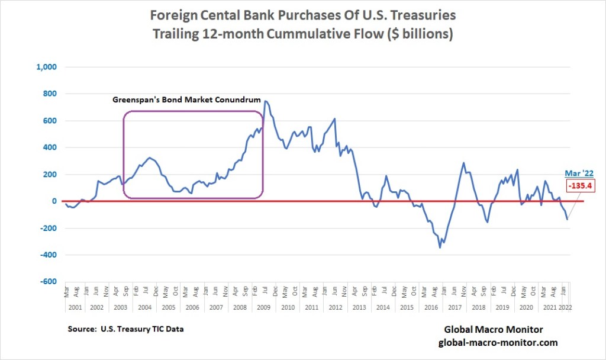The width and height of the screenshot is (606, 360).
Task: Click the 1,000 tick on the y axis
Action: click(x=46, y=67)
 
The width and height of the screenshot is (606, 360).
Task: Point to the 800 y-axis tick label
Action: click(x=49, y=94)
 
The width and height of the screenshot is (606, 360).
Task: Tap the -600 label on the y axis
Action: click(x=47, y=282)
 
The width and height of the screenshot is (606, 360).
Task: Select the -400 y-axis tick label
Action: click(x=47, y=255)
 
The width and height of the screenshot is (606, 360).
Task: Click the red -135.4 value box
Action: click(x=581, y=185)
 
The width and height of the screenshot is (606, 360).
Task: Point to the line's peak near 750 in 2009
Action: click(x=266, y=101)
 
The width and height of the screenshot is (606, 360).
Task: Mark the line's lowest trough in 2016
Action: click(x=440, y=247)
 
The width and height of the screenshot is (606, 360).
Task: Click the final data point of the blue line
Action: click(x=568, y=219)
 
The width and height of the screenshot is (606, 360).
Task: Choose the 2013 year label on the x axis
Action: click(x=359, y=308)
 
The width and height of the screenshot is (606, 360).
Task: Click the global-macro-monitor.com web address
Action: click(x=498, y=343)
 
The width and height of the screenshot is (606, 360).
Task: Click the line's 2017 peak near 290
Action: click(x=463, y=163)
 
